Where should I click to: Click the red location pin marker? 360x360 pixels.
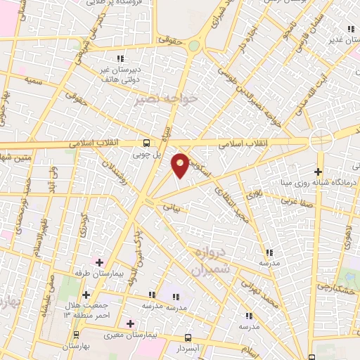pyautogui.click(x=181, y=165)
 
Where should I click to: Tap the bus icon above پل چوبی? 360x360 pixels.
pyautogui.click(x=146, y=141)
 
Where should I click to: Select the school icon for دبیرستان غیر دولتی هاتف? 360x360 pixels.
pyautogui.click(x=120, y=58)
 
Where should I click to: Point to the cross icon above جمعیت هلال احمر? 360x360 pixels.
pyautogui.click(x=86, y=295)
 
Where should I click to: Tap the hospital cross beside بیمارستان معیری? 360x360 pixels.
pyautogui.click(x=130, y=324)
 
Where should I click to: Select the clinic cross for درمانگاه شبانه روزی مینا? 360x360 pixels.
pyautogui.click(x=319, y=172)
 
